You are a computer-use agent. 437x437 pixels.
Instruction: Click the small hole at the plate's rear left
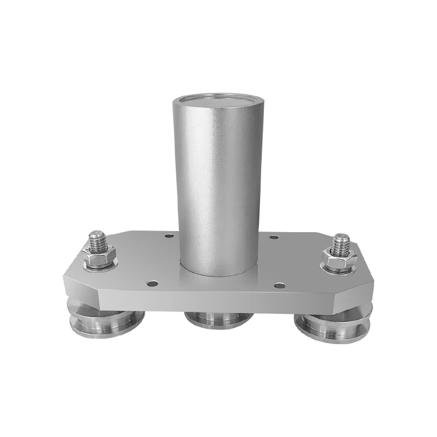(x=169, y=236)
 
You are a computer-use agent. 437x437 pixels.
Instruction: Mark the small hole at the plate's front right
(x=279, y=285)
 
